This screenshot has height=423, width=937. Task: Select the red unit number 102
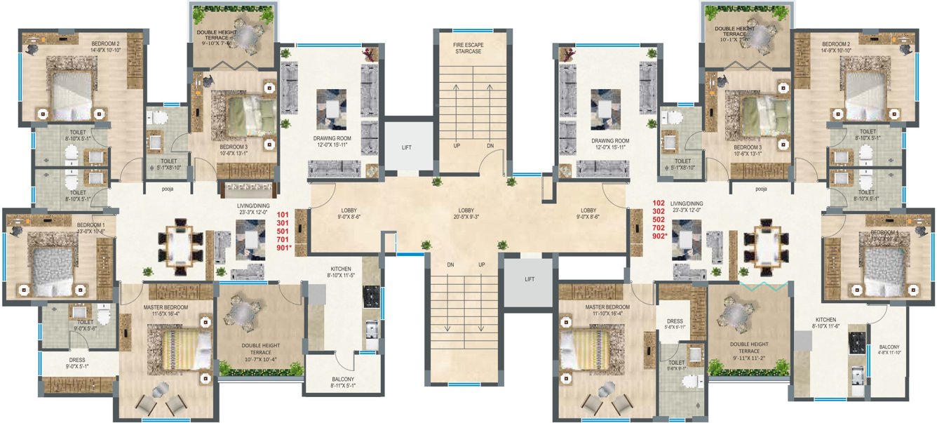pos(658,202)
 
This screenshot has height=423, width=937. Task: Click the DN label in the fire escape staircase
pos(490,145)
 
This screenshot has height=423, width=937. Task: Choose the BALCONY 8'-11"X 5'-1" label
pos(344,382)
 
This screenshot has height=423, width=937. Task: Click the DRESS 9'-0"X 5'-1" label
pos(77,363)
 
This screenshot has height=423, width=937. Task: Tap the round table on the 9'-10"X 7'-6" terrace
pos(247,39)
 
